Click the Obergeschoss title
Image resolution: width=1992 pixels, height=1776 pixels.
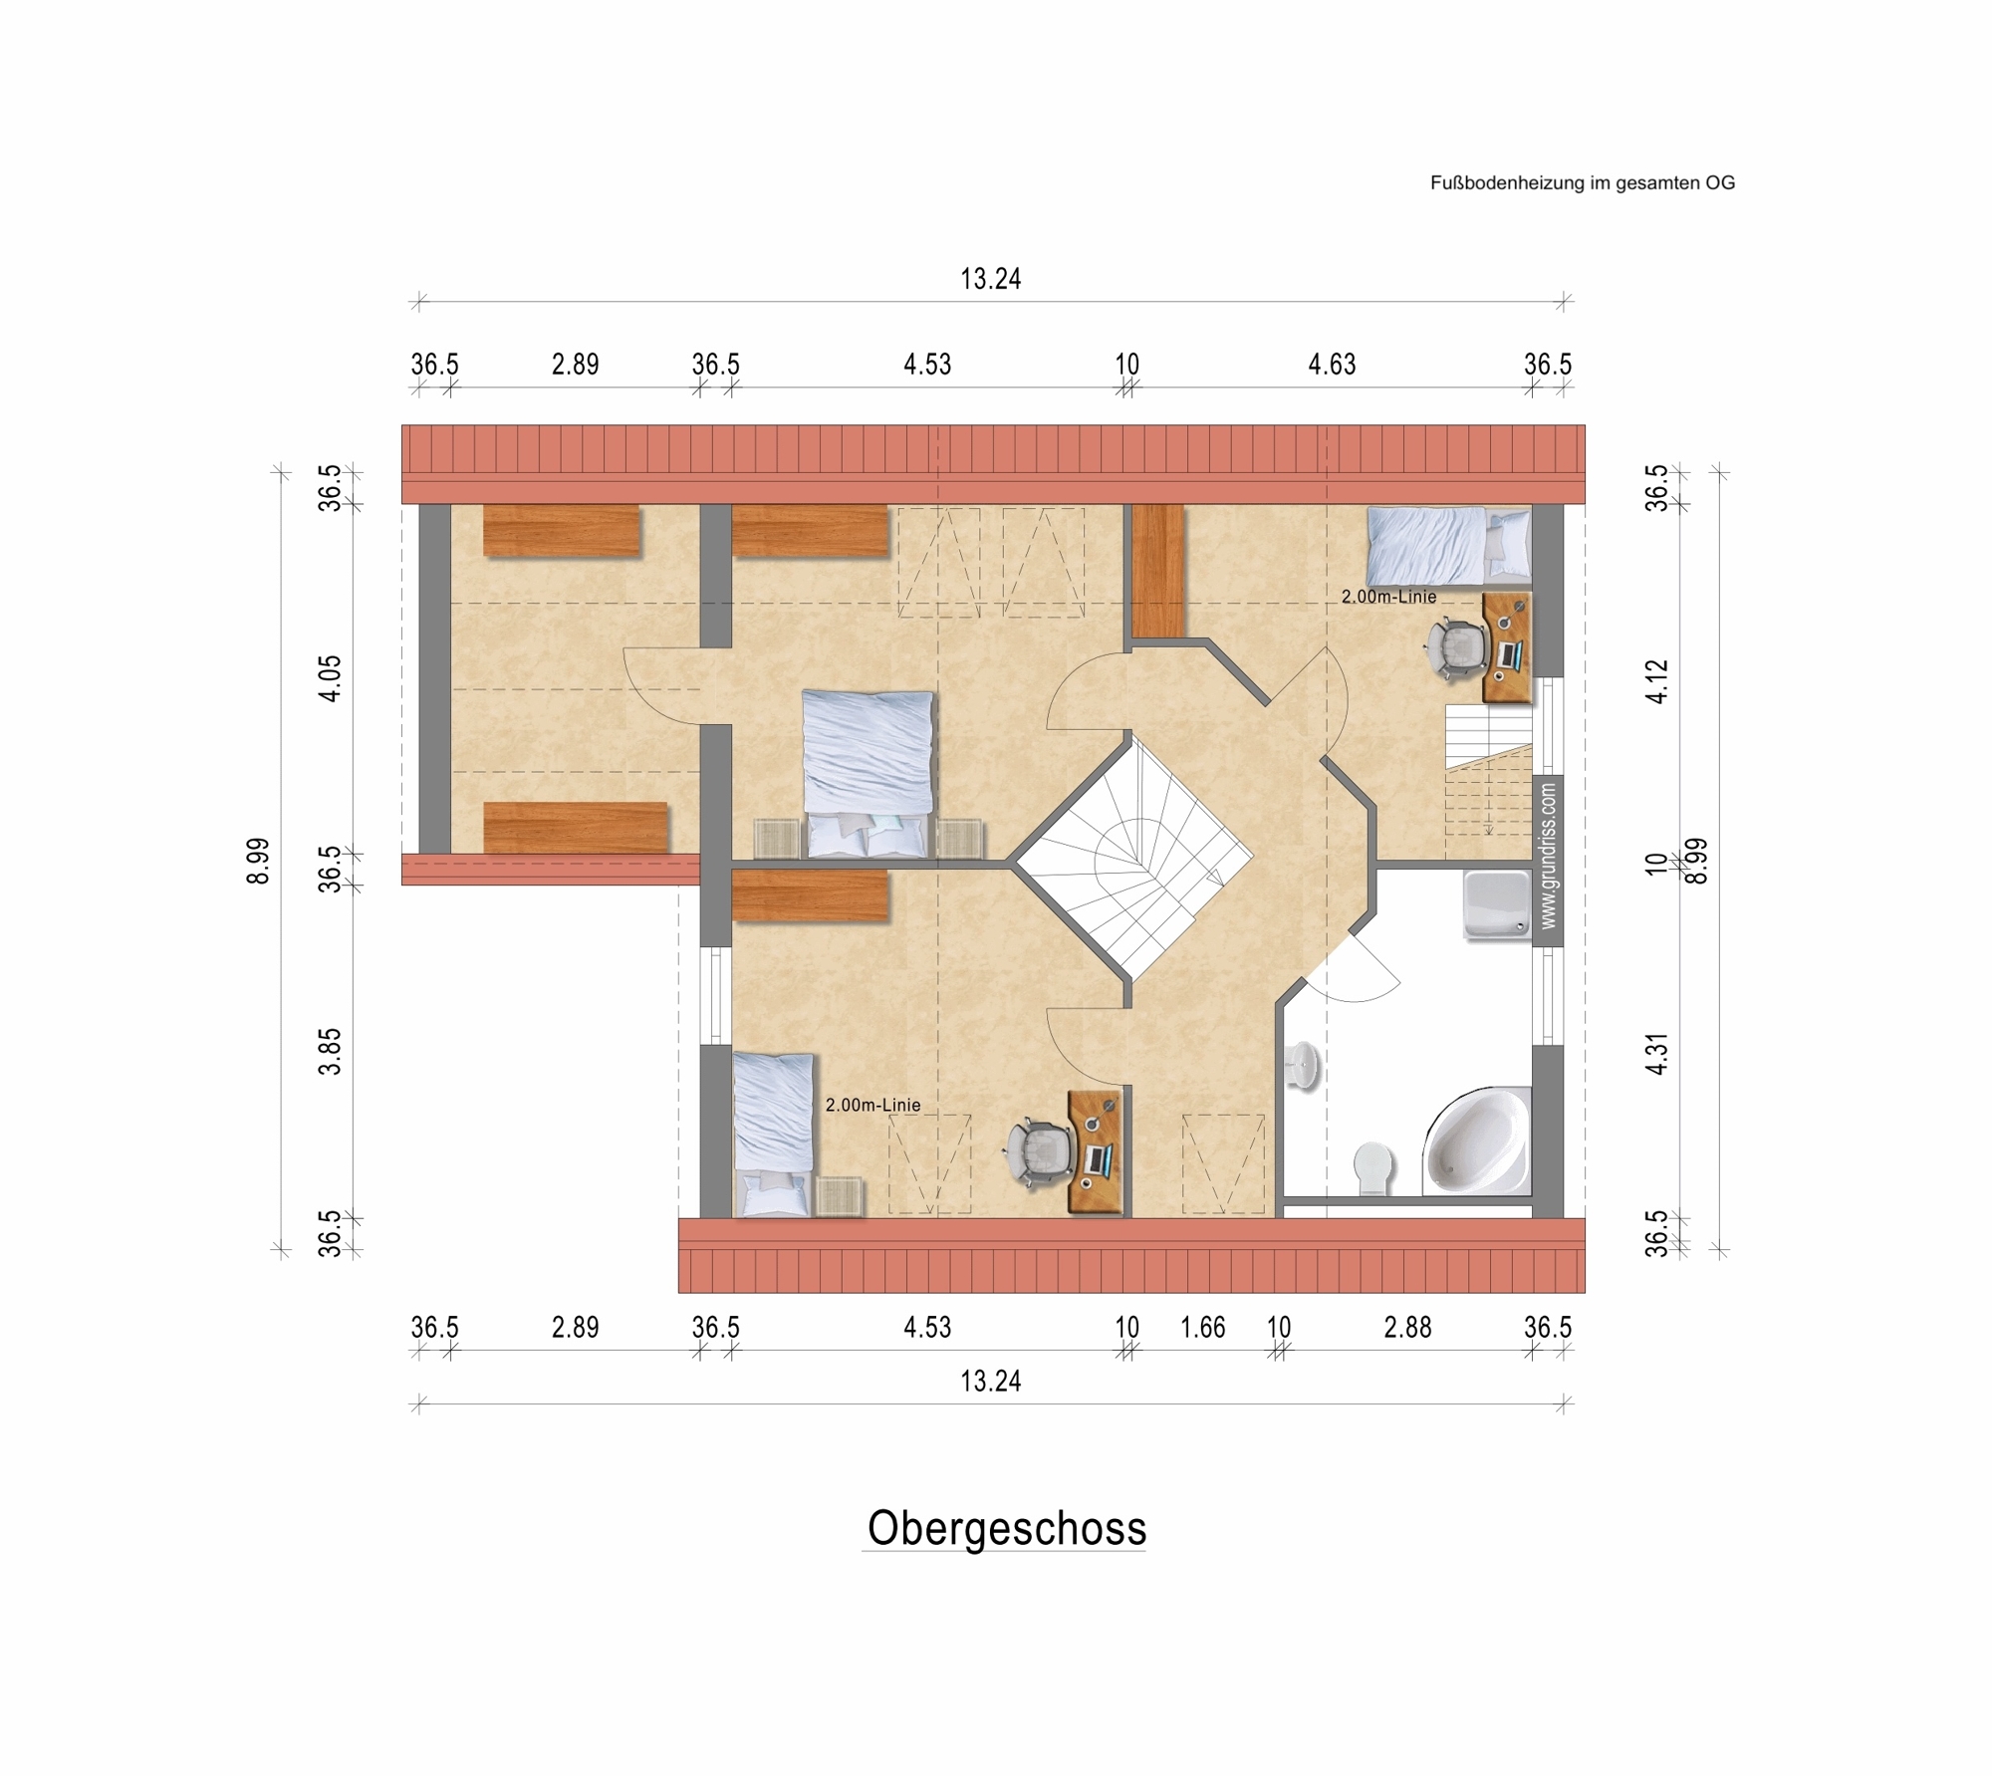1006,1528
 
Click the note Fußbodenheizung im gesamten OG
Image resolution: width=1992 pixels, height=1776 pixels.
1582,183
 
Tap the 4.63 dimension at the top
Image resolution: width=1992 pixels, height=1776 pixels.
1332,365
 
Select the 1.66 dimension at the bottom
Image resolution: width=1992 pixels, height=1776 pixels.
1202,1328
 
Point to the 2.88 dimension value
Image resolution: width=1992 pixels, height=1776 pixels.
1407,1328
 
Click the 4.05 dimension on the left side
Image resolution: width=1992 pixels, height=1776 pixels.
331,678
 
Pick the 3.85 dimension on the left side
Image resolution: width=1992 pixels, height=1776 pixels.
331,1051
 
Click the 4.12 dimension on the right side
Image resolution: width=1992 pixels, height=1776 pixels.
1656,682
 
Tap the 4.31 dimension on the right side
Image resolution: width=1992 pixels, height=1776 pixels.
1656,1053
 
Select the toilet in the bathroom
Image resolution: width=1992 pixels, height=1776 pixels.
1371,1167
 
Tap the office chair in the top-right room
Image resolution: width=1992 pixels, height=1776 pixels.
1455,648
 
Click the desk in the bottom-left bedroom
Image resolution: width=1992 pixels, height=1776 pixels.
1095,1151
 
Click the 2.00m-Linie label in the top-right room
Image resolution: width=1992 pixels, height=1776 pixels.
1388,597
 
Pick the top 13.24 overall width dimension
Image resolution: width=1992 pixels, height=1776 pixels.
990,279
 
